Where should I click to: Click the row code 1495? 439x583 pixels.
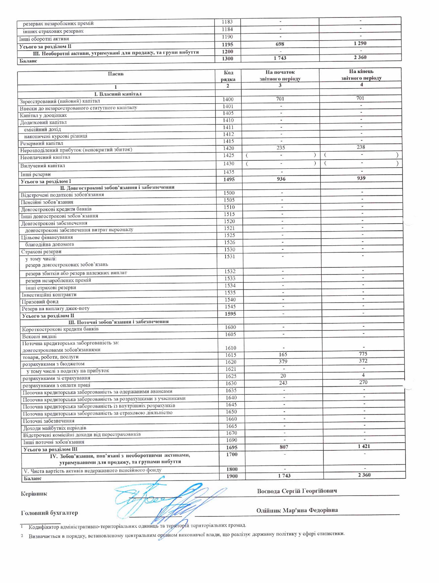point(229,180)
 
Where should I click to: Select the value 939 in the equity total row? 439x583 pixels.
point(361,178)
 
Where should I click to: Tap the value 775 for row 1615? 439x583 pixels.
point(363,354)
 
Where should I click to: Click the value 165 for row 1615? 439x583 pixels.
point(283,355)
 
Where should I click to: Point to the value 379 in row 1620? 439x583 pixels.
point(283,362)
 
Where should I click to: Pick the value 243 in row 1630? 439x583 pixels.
point(283,383)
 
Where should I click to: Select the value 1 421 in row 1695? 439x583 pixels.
point(364,446)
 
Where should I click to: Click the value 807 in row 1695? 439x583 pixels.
point(284,447)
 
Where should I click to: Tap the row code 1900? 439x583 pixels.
point(232,476)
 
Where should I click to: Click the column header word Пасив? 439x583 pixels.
point(115,74)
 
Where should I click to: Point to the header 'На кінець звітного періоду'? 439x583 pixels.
point(361,74)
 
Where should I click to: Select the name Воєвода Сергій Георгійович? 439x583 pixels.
point(297,491)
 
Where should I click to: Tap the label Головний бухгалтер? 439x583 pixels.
point(49,513)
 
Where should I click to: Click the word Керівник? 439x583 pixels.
point(34,494)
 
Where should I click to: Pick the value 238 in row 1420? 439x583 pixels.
point(361,147)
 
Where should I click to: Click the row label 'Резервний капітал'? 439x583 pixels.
point(41,143)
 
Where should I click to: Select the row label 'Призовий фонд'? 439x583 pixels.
point(40,302)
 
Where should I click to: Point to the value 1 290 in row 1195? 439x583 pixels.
point(360,43)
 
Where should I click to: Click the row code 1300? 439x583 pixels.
point(228,58)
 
